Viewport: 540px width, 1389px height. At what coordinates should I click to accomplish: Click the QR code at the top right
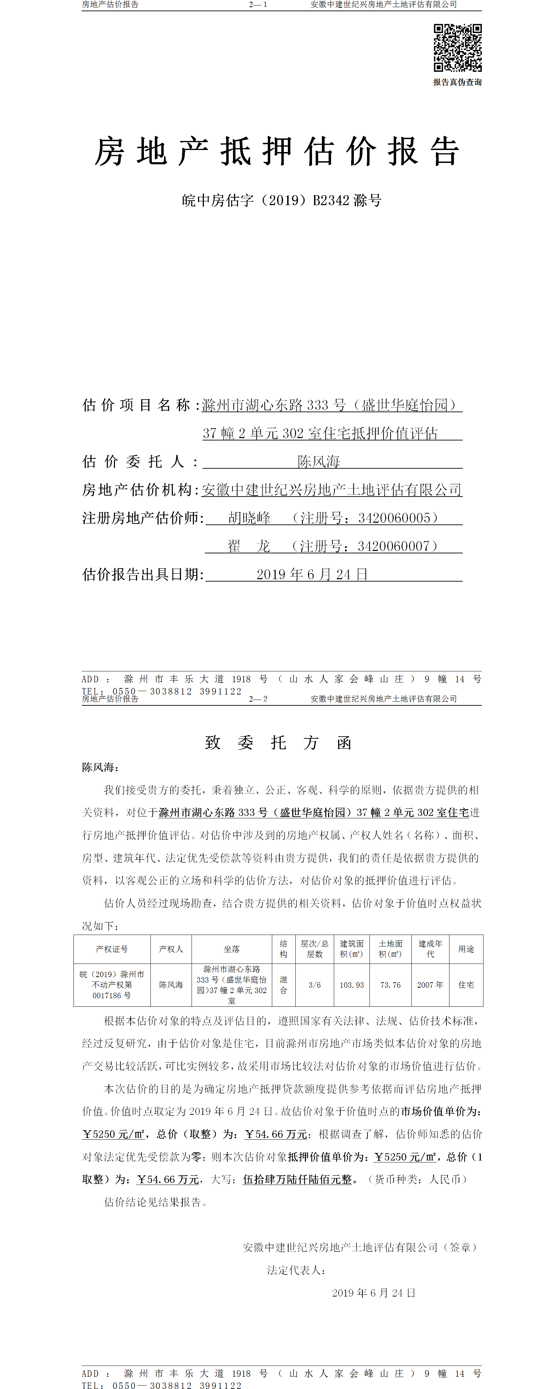[457, 48]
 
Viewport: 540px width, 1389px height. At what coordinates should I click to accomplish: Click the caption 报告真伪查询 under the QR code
[457, 83]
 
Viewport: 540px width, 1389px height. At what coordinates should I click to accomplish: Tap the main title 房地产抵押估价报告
[277, 151]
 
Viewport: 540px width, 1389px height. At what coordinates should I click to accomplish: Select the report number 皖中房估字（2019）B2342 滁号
[282, 201]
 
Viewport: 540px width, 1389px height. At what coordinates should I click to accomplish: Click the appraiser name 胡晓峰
[249, 518]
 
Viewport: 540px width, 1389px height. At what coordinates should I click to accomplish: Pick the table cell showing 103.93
[352, 985]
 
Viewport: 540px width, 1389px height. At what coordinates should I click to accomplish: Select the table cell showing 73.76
[391, 985]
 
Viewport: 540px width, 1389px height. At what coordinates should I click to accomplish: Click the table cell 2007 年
[430, 985]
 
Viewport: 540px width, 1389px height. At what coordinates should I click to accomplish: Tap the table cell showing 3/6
[314, 985]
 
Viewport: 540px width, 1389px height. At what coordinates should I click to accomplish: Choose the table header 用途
[466, 949]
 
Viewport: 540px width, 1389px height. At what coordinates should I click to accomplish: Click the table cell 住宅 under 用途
[466, 985]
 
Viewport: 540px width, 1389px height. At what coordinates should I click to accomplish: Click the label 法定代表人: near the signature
[296, 1270]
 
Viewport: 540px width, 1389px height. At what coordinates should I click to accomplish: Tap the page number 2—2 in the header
[258, 699]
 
